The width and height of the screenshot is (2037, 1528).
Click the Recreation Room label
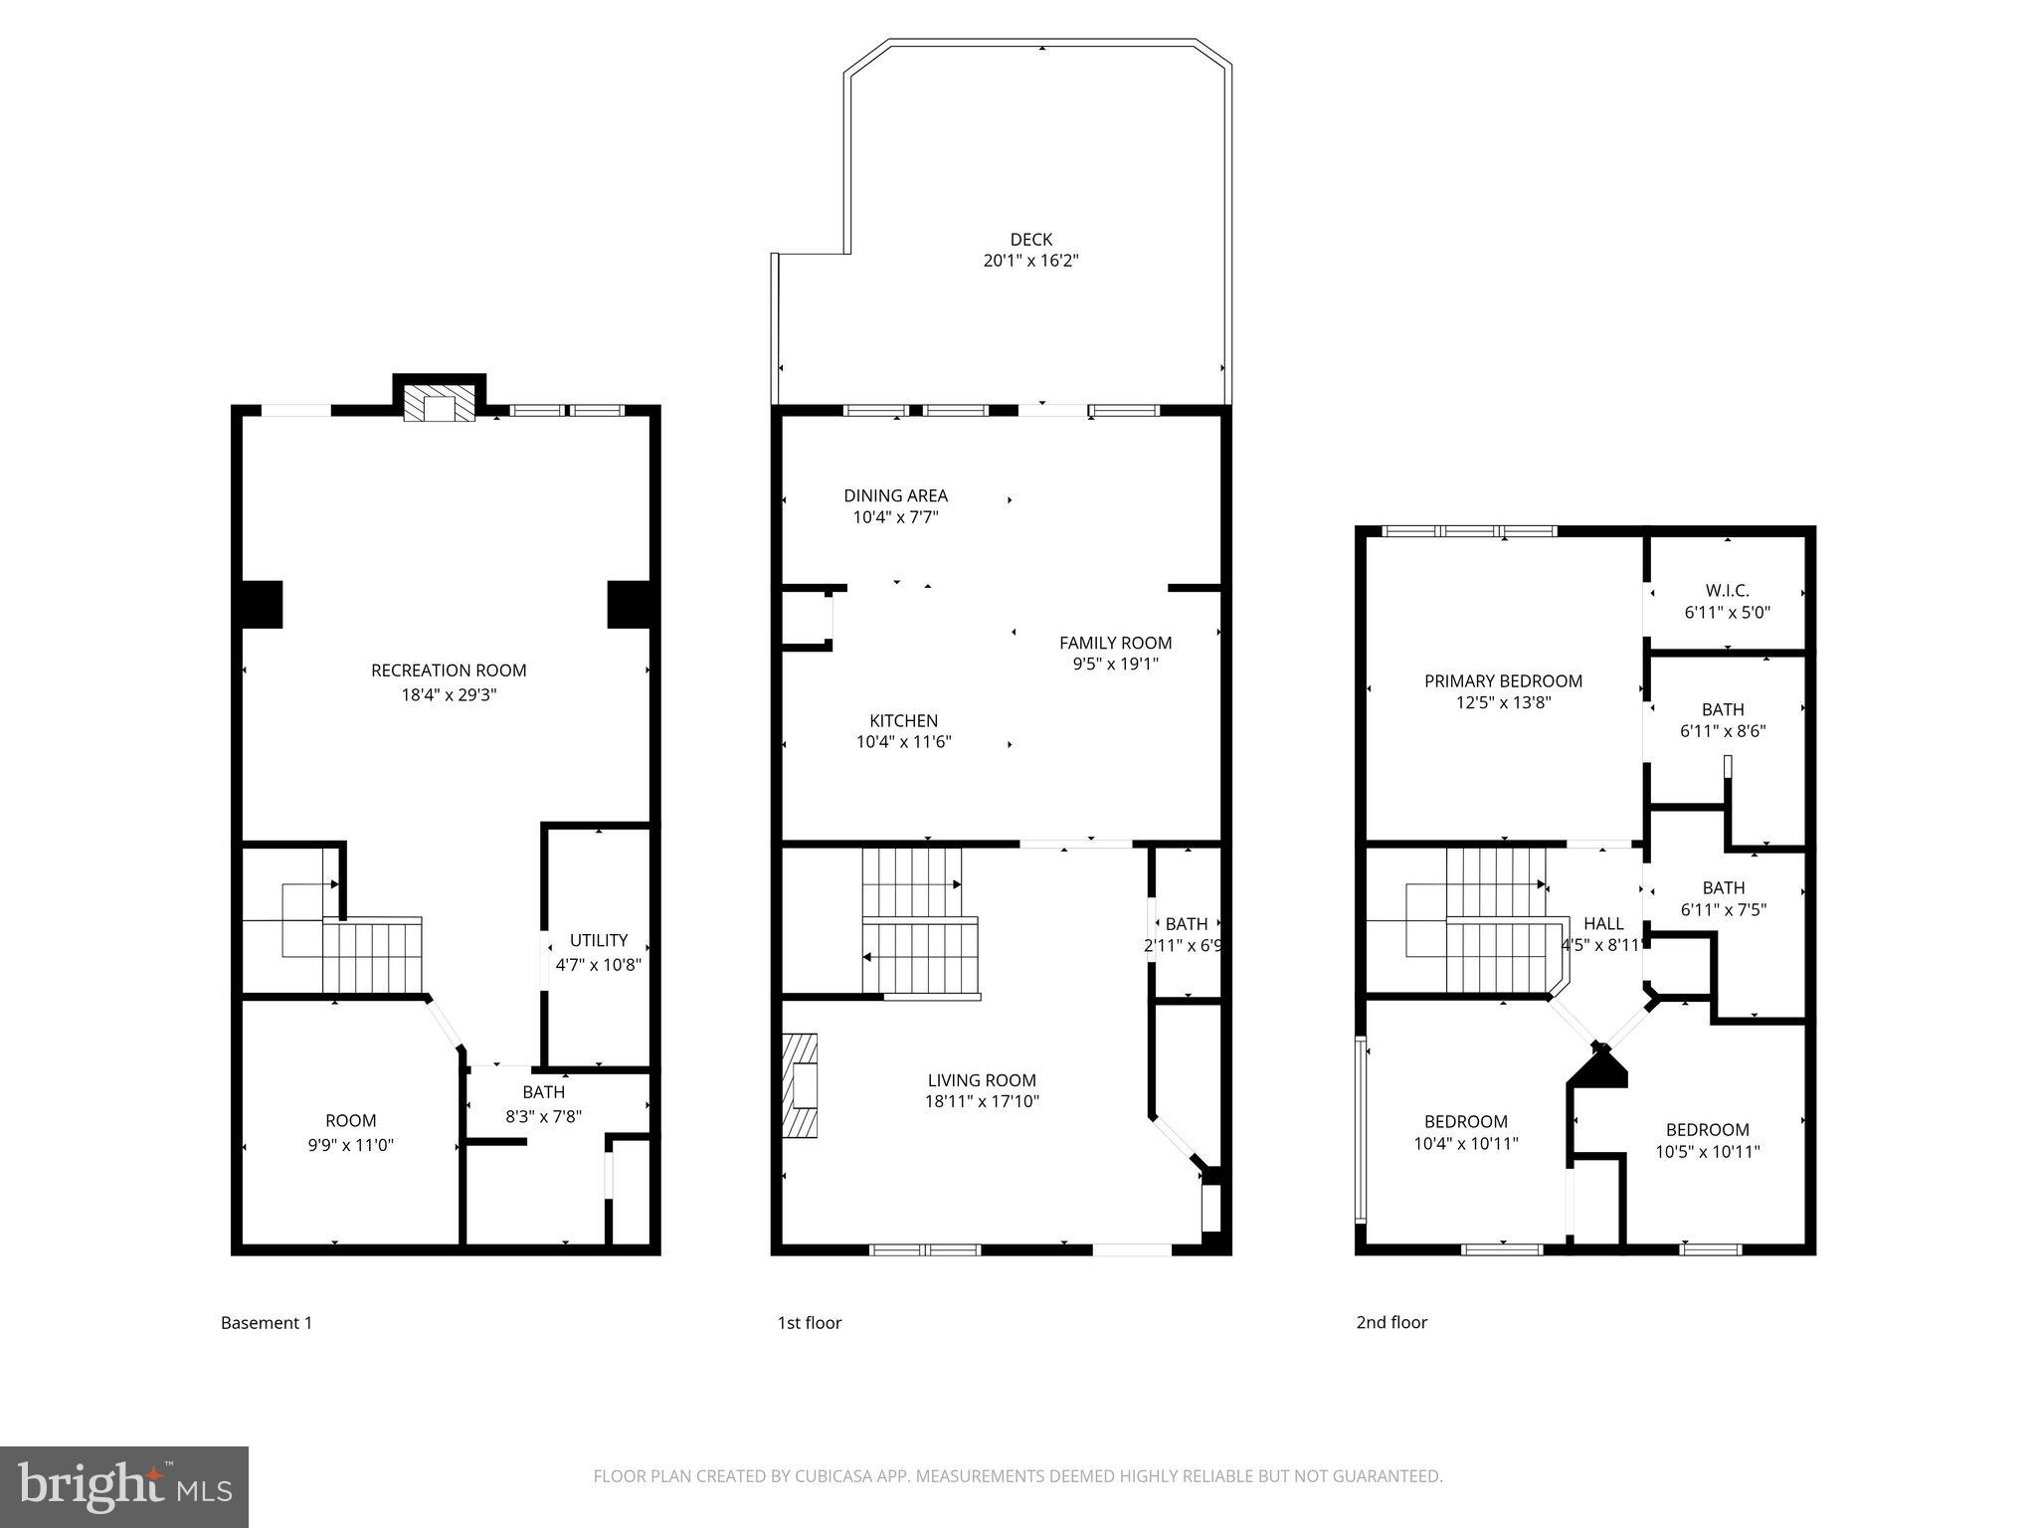click(x=449, y=670)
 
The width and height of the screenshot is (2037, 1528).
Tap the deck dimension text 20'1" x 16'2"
click(x=1030, y=262)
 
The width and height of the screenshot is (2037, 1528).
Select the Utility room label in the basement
click(x=599, y=940)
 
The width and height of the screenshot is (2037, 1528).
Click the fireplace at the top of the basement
click(x=439, y=407)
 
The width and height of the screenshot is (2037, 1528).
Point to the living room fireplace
click(x=800, y=1085)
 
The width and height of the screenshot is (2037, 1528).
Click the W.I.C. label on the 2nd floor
click(x=1727, y=591)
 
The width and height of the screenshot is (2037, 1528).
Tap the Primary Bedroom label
click(x=1503, y=681)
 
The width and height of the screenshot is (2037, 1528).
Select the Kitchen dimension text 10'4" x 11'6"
click(x=903, y=742)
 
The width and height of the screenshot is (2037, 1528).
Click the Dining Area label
click(x=895, y=495)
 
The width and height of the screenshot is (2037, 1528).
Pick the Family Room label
click(x=1115, y=643)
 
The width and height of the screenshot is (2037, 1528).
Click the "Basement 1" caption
click(x=267, y=1323)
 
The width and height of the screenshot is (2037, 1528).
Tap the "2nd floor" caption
click(x=1391, y=1322)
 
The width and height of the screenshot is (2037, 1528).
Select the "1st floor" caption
click(x=809, y=1323)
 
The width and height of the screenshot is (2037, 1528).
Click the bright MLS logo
click(x=123, y=1486)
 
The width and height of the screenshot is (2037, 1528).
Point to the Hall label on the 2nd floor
click(x=1603, y=924)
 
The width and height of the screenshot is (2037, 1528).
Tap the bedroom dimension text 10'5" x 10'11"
click(x=1707, y=1152)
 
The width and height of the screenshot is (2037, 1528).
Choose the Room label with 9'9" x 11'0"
click(x=350, y=1121)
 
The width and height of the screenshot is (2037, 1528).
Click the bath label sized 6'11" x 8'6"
click(x=1723, y=709)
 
